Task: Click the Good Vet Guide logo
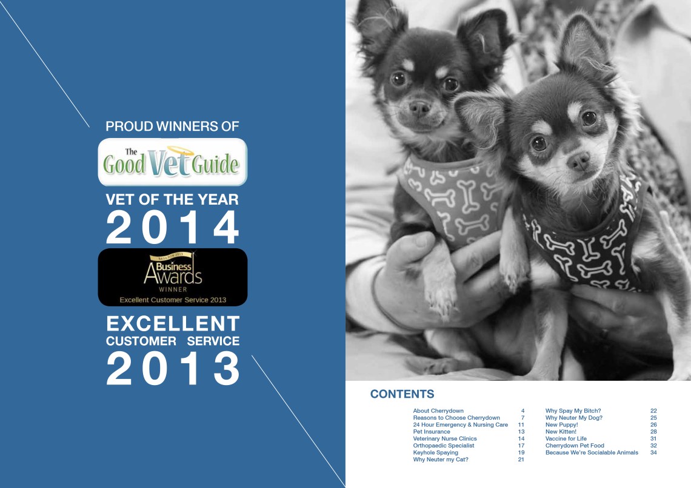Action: pos(172,162)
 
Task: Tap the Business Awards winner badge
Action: pos(172,277)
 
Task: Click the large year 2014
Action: pos(173,229)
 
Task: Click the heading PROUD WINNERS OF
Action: pos(173,127)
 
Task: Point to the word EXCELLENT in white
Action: pos(173,323)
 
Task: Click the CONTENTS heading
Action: pos(402,394)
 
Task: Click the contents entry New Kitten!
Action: pos(562,432)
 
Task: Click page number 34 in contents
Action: pos(653,452)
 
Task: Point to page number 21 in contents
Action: pos(521,460)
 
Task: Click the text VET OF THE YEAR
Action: pos(173,200)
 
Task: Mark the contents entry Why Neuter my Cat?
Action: pos(441,460)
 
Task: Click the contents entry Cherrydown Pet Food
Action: pos(575,446)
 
